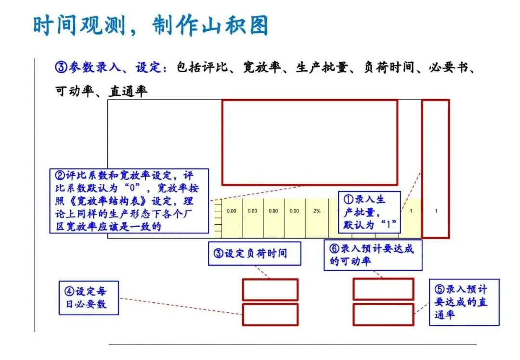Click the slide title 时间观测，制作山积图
(x=150, y=25)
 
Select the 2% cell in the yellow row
(x=317, y=211)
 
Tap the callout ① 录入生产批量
(x=369, y=212)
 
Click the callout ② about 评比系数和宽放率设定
(x=129, y=201)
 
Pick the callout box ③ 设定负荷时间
(x=255, y=253)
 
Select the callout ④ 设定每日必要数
(x=89, y=298)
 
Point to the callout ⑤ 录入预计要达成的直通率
(x=464, y=302)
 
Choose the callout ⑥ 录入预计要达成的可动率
(x=373, y=255)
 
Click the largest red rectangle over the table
(x=310, y=142)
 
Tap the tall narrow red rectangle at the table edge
(x=435, y=168)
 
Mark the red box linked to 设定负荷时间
(x=270, y=290)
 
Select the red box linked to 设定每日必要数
(x=270, y=314)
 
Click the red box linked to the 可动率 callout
(x=383, y=289)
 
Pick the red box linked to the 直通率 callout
(x=383, y=314)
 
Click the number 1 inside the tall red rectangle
(x=436, y=211)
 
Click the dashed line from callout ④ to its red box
(x=181, y=306)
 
